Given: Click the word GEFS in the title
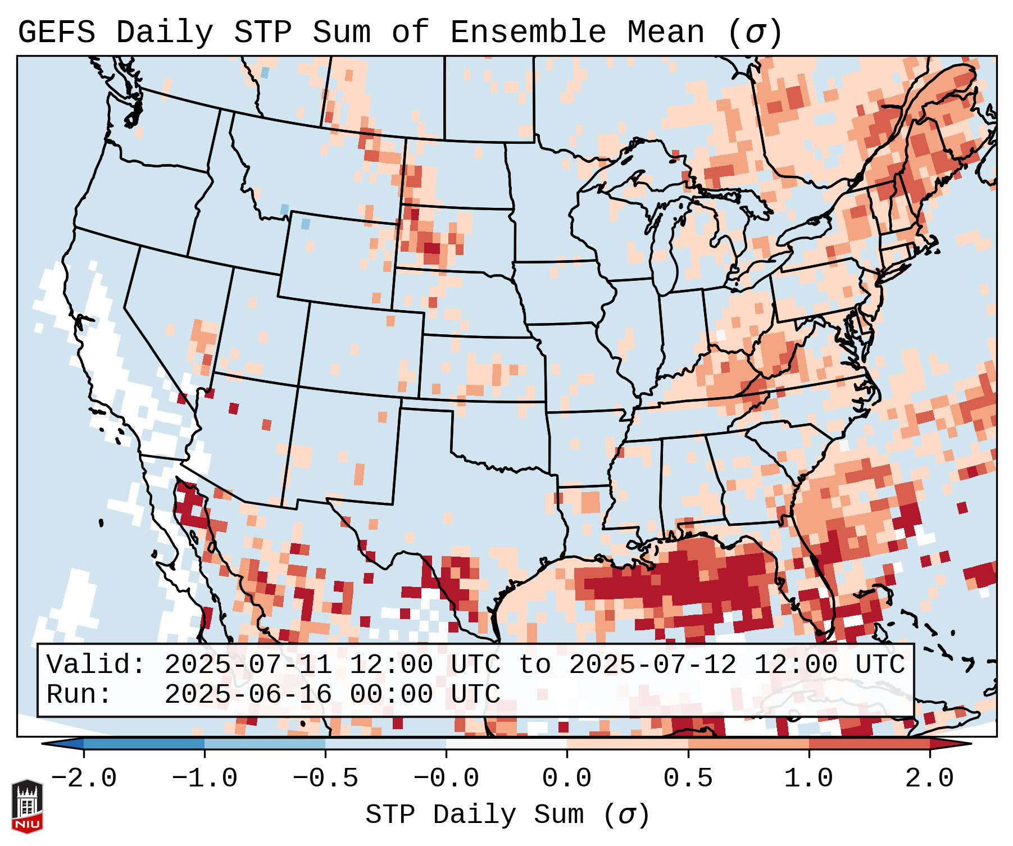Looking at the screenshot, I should (x=56, y=33).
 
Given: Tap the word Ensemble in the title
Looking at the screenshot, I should (x=528, y=33).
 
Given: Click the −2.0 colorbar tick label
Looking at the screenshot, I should (x=84, y=779).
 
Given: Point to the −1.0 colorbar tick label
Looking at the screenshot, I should (x=205, y=779).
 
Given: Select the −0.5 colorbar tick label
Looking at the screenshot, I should (x=325, y=779).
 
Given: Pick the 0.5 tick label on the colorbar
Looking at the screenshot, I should (x=688, y=779).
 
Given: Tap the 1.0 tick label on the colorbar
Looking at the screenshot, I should (x=808, y=779).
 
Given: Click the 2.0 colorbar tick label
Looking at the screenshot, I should (x=929, y=779).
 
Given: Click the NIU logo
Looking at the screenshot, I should (x=27, y=806).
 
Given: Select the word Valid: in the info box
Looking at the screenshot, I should (x=96, y=665).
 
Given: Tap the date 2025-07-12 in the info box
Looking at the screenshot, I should (x=652, y=665).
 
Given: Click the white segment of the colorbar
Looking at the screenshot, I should (x=506, y=744).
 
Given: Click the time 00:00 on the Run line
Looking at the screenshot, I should (x=391, y=694).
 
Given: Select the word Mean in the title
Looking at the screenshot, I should (x=665, y=33).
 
